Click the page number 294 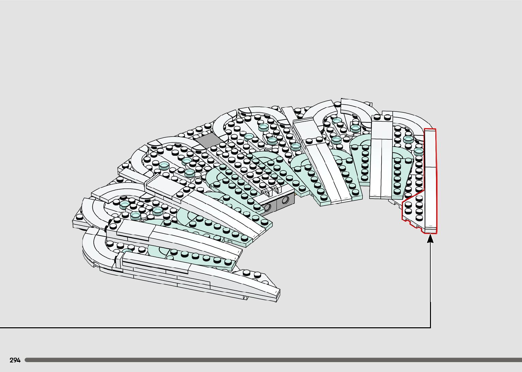[x=15, y=360]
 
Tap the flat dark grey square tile [x=207, y=140]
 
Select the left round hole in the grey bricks [x=267, y=206]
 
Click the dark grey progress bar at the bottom [x=273, y=360]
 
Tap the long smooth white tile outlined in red [x=430, y=181]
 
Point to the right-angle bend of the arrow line [x=430, y=327]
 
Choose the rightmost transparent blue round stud [x=419, y=151]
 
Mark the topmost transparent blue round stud [x=337, y=121]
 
